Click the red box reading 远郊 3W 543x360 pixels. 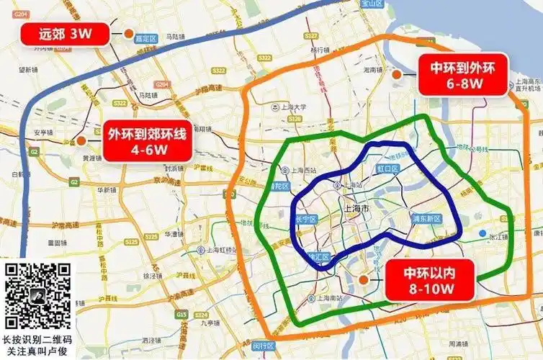click(x=66, y=32)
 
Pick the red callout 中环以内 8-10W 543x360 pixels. click(x=429, y=279)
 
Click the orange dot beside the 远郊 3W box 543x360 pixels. click(x=127, y=32)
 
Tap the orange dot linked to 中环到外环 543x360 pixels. click(x=395, y=74)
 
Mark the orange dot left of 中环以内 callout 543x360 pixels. click(x=364, y=279)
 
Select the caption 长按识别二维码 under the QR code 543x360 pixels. click(x=37, y=339)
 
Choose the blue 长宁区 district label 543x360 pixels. click(x=306, y=220)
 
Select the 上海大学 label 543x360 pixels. click(x=292, y=107)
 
